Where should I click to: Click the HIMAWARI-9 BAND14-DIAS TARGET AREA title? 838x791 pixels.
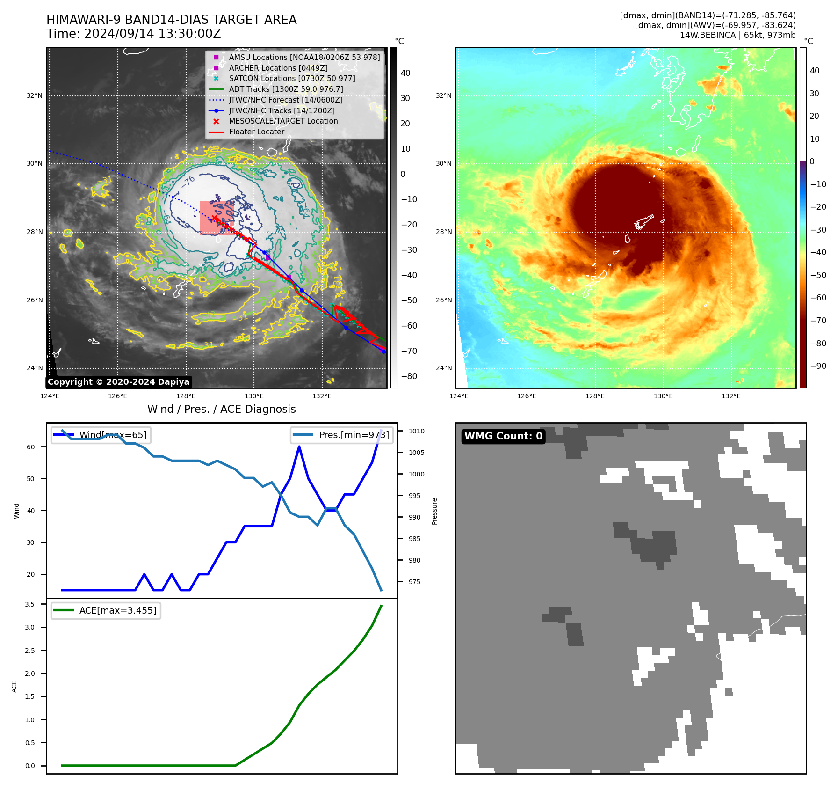(171, 20)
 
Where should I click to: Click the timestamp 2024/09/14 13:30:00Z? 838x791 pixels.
(133, 34)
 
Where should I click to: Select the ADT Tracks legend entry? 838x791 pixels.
(286, 89)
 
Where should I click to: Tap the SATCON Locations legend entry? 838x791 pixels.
(292, 78)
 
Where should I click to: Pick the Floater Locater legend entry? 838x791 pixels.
(256, 132)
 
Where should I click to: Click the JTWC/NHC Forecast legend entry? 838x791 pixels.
(285, 100)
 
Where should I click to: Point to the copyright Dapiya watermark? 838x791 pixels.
(118, 382)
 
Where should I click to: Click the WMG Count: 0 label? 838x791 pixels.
(503, 436)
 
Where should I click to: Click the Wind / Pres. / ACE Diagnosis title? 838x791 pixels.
(221, 409)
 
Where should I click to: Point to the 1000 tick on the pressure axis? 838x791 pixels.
(416, 474)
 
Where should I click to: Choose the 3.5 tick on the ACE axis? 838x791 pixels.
(30, 604)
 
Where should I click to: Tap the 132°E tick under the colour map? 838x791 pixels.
(731, 396)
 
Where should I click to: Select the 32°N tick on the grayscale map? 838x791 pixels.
(35, 95)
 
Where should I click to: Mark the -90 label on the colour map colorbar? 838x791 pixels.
(818, 366)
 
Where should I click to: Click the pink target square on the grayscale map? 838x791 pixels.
(217, 218)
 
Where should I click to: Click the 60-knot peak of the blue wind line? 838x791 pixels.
(299, 447)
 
